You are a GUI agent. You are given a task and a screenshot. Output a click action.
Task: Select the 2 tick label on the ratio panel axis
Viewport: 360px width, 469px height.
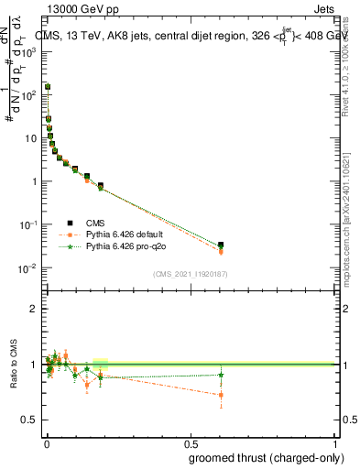[34, 309]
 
